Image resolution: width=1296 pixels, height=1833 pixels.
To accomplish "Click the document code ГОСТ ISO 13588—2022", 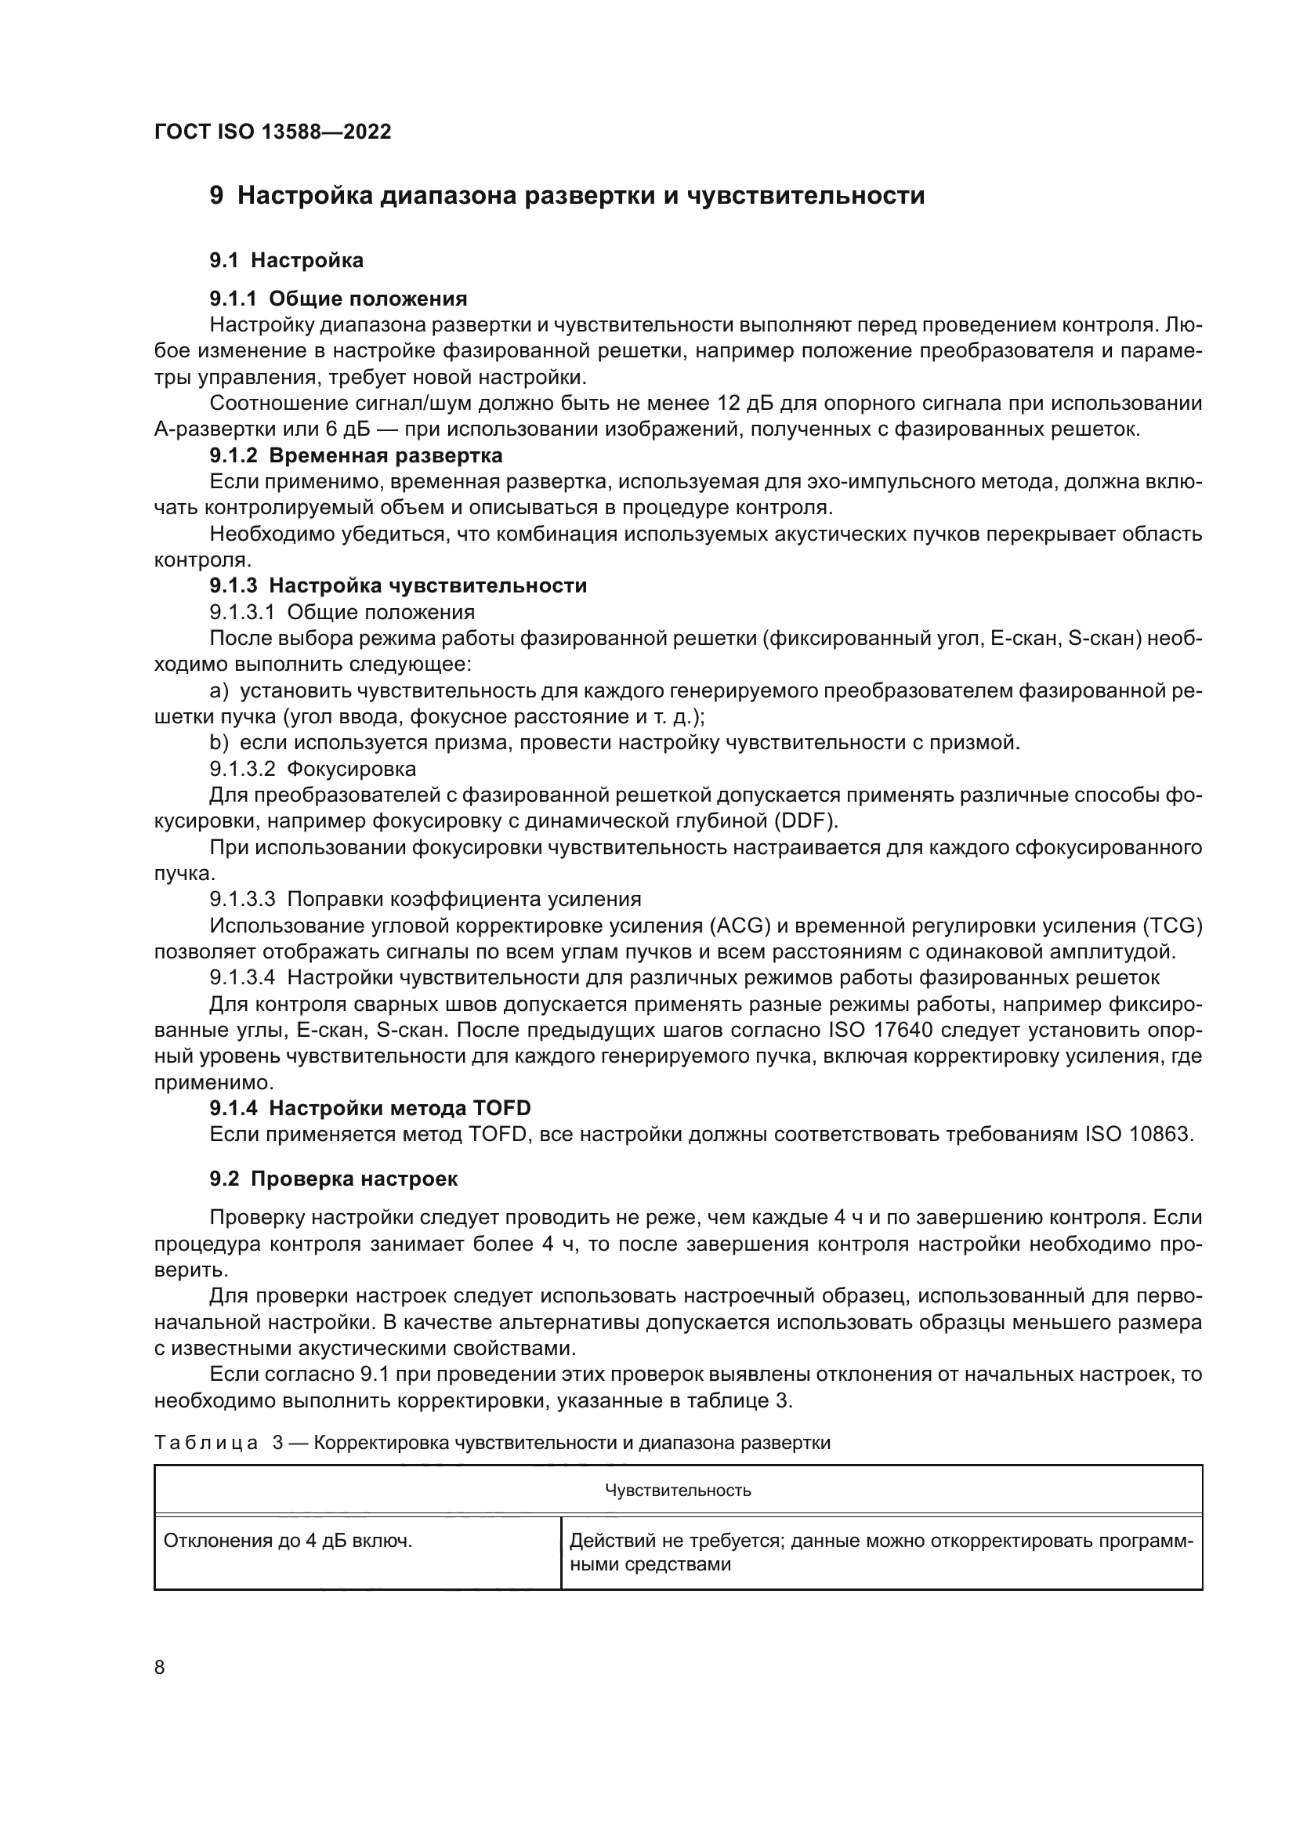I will tap(272, 132).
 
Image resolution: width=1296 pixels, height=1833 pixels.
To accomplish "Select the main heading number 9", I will tap(216, 196).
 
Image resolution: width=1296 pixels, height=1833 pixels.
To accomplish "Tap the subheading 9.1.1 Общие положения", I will tap(338, 299).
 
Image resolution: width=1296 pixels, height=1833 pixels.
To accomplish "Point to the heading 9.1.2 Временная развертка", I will tap(356, 456).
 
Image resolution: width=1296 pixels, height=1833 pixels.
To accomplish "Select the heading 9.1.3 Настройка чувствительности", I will tap(398, 586).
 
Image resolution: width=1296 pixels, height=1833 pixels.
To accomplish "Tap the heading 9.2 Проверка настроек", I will tap(334, 1179).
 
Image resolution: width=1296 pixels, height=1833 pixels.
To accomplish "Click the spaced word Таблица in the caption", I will tap(207, 1443).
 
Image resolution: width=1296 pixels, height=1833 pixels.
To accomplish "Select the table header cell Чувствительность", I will tap(678, 1491).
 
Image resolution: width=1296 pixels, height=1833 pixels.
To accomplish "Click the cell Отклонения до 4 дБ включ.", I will tap(288, 1541).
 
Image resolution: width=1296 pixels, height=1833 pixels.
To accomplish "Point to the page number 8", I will tap(160, 1668).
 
